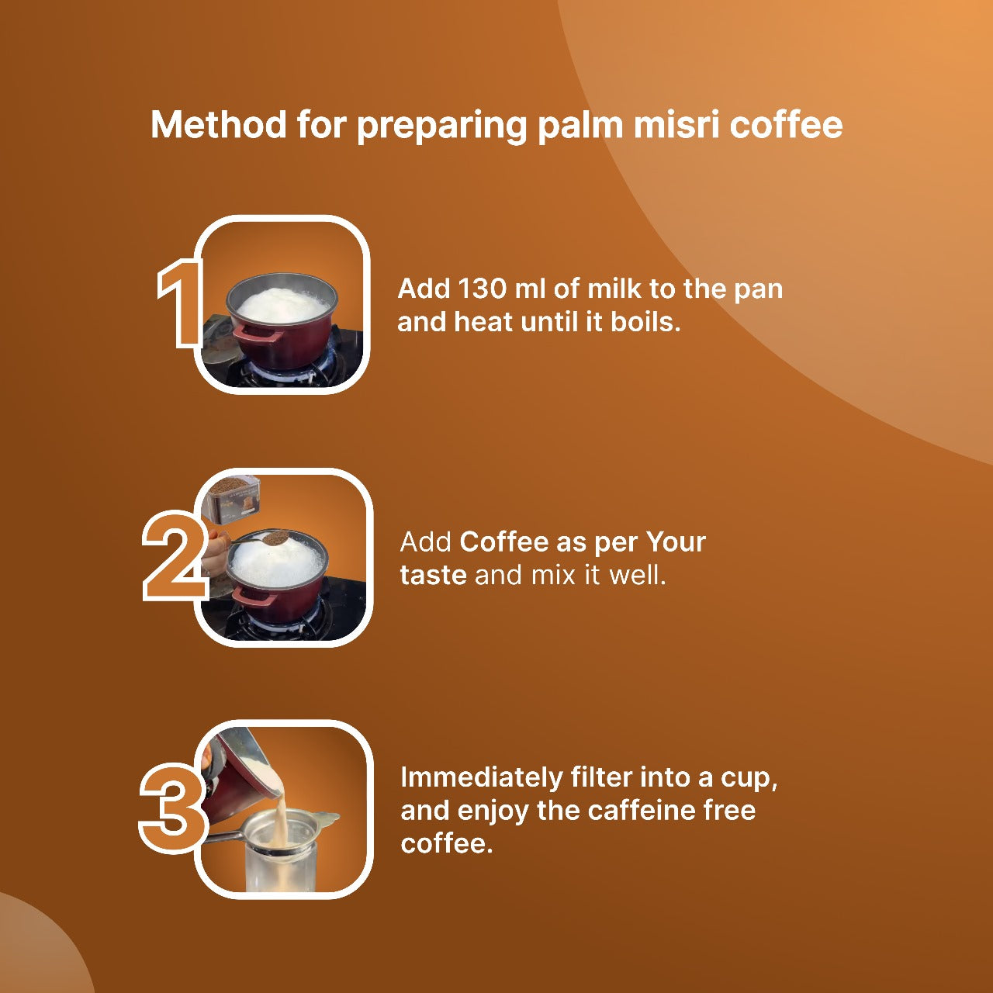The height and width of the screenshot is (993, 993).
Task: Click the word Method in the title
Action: (x=218, y=125)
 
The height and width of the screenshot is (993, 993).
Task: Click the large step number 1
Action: (x=178, y=304)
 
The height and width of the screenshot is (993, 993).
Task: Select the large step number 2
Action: (x=175, y=555)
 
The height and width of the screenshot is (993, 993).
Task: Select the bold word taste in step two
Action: (x=434, y=575)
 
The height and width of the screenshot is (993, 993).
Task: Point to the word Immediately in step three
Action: (x=481, y=777)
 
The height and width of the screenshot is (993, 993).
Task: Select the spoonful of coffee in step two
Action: (x=274, y=538)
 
